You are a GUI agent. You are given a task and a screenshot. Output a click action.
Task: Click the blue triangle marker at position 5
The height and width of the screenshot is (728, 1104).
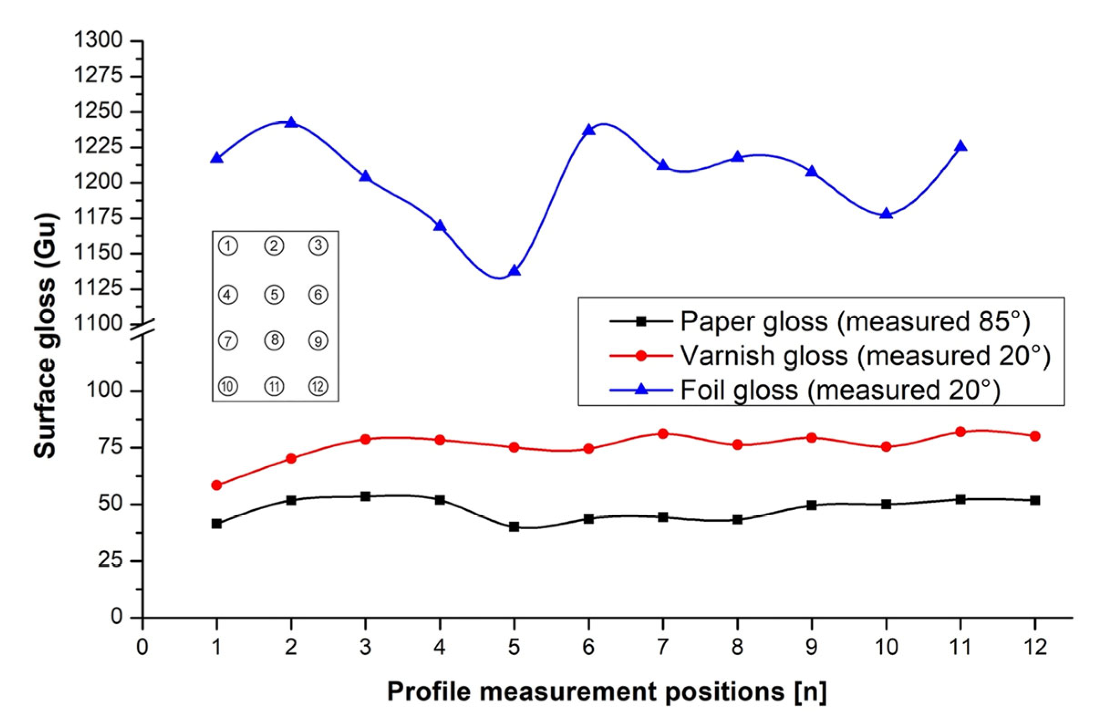[x=514, y=270]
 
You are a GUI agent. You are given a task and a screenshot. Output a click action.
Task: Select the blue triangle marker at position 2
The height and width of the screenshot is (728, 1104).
[x=291, y=123]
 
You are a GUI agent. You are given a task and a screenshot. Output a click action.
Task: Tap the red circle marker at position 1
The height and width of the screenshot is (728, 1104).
[x=217, y=485]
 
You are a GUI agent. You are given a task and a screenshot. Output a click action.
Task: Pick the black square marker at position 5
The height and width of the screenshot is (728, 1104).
[x=514, y=527]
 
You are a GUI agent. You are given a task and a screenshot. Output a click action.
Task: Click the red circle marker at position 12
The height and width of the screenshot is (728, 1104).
[x=1034, y=436]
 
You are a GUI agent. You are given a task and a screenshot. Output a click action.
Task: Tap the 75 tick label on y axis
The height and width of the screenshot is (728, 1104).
[x=110, y=448]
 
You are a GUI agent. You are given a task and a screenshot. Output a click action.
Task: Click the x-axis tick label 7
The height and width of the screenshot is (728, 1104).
[x=662, y=647]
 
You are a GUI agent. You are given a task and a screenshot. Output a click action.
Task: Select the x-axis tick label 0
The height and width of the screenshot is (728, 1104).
[x=142, y=647]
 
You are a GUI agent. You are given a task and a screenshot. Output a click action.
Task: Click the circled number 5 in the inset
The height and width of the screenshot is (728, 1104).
[x=274, y=294]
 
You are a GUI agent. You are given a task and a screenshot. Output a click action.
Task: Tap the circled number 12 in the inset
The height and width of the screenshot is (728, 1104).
[x=318, y=386]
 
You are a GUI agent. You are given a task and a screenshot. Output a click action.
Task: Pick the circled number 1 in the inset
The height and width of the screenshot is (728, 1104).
[x=227, y=246]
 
